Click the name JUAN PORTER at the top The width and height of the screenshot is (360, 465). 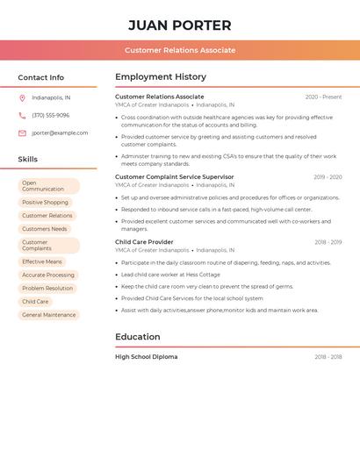(x=180, y=25)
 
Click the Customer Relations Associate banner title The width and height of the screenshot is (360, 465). (x=180, y=50)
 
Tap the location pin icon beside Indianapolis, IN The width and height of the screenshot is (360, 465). (x=22, y=98)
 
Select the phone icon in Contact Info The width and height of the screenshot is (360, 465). (x=22, y=116)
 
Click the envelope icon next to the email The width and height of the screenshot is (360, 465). (x=22, y=133)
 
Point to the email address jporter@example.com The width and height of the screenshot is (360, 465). (x=60, y=133)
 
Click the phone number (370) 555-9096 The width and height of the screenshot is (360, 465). (x=51, y=116)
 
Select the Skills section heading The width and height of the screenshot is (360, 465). (x=28, y=160)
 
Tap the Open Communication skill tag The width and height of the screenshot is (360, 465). (x=48, y=186)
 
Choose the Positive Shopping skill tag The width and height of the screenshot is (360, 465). (x=45, y=203)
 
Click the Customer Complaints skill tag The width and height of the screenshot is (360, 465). (x=48, y=245)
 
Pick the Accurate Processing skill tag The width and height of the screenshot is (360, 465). (x=48, y=275)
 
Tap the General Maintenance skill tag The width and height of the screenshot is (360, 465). (x=49, y=315)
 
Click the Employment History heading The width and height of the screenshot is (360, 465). (x=161, y=77)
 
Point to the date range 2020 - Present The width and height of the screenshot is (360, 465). (x=323, y=97)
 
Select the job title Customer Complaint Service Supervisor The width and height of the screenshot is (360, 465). (x=175, y=177)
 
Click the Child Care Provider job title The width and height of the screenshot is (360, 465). (x=144, y=242)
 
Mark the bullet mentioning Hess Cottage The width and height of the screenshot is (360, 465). (x=170, y=275)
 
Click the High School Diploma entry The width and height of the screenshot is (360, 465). (x=146, y=357)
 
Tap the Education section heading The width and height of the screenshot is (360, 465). (x=138, y=337)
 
